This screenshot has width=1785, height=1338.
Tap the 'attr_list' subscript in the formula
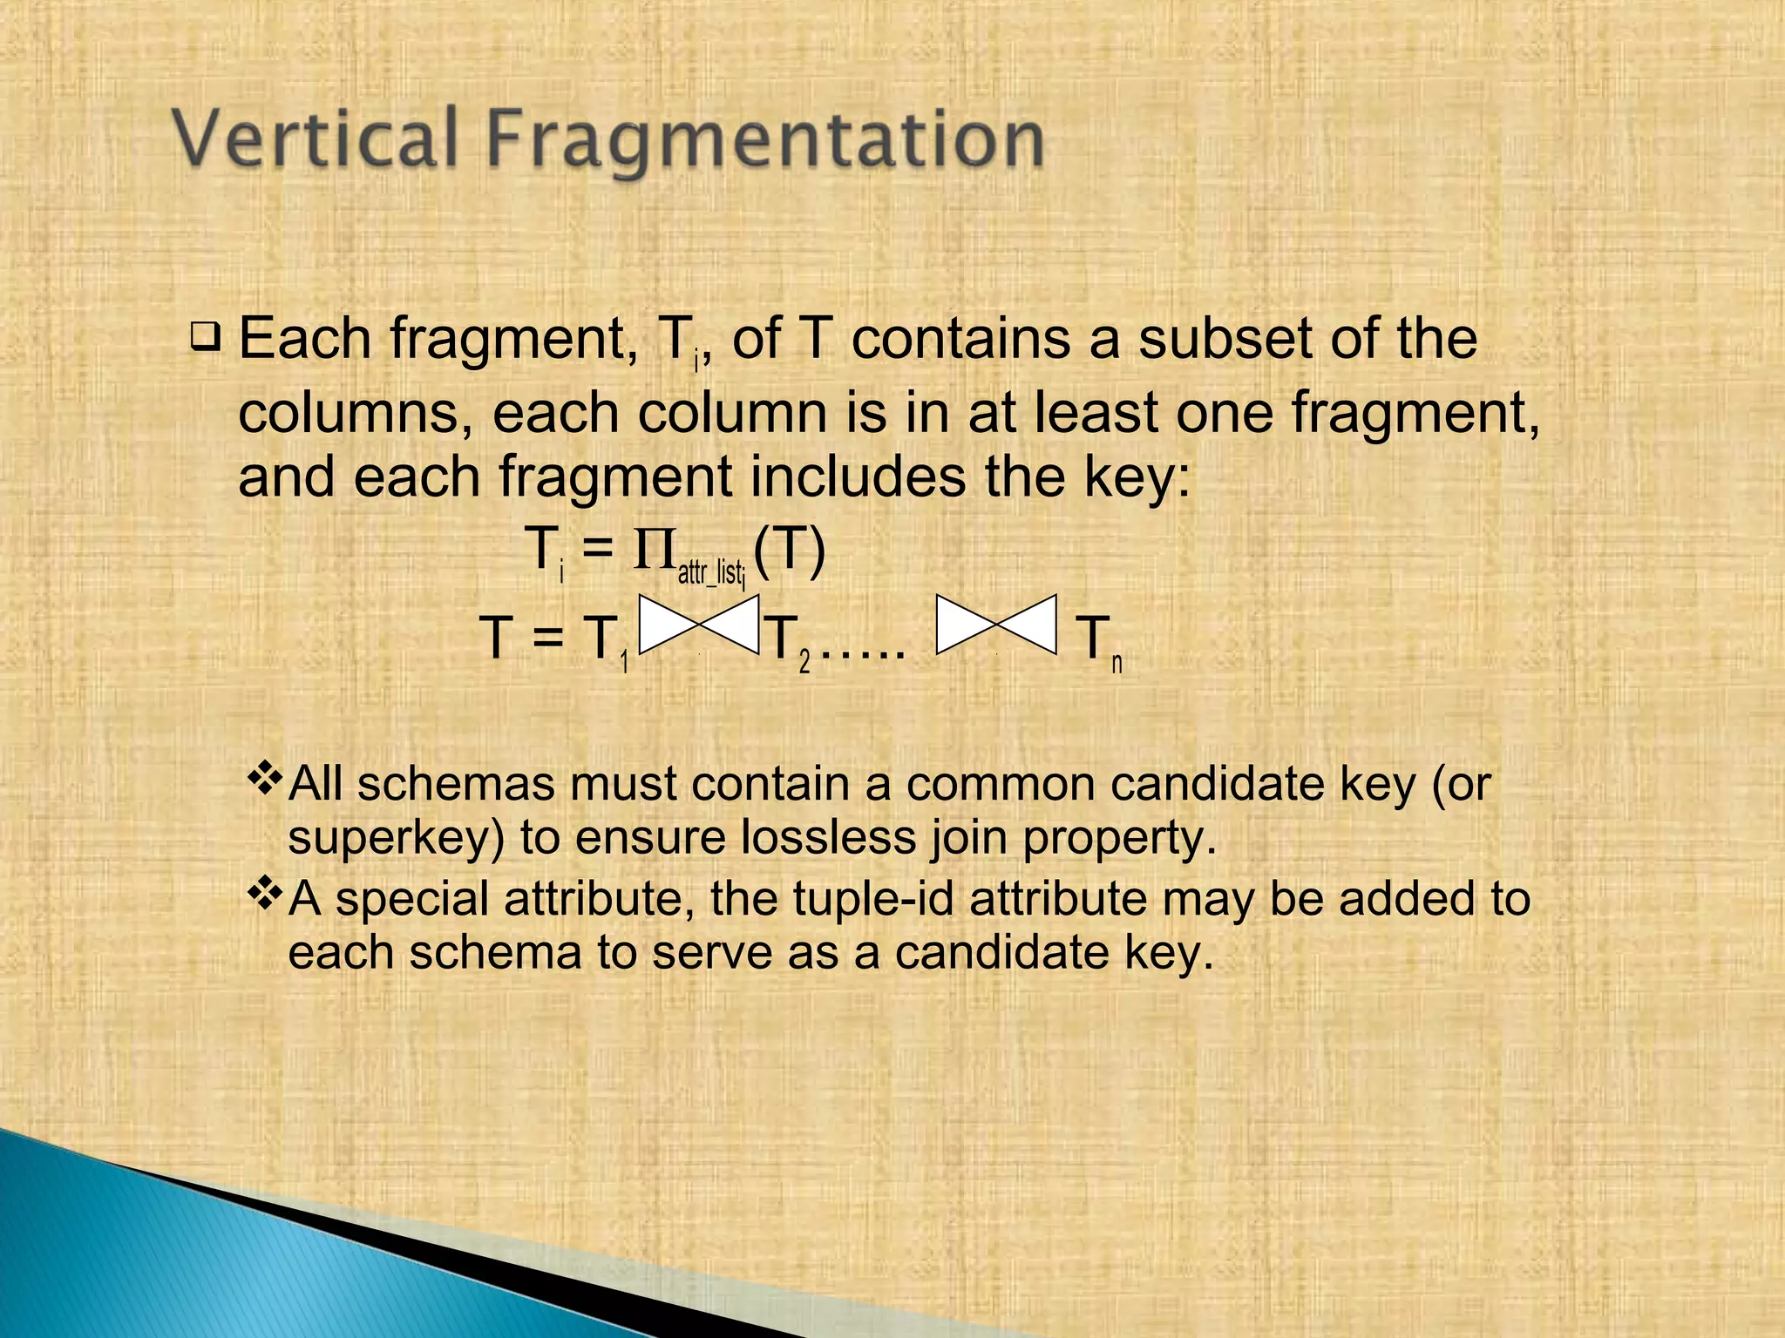click(x=710, y=574)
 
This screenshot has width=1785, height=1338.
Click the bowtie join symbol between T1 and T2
click(x=700, y=625)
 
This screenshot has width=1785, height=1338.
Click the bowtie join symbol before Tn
click(x=996, y=625)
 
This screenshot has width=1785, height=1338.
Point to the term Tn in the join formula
click(x=1098, y=640)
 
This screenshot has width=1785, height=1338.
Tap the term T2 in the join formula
click(x=789, y=640)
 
